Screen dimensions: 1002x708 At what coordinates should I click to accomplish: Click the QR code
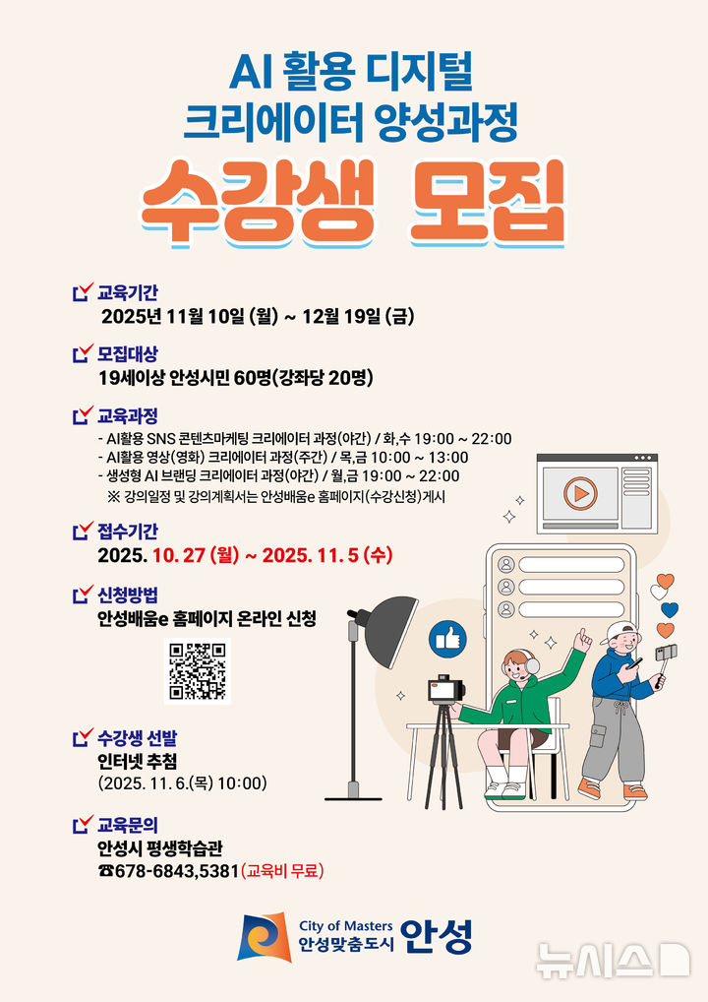click(x=197, y=670)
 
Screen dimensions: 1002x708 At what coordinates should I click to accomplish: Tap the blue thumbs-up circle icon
click(x=447, y=641)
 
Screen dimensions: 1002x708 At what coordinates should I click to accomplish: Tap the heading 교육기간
click(x=127, y=292)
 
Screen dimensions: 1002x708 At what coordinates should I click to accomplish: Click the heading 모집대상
click(x=127, y=353)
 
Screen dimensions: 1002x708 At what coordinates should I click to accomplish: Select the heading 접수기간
click(x=127, y=532)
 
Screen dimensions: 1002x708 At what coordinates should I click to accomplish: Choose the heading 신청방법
click(x=127, y=594)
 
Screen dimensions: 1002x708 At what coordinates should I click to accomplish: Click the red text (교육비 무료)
click(x=282, y=871)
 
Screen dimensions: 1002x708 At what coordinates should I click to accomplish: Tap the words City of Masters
click(x=345, y=925)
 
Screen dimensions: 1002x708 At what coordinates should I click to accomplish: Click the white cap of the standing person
click(x=617, y=631)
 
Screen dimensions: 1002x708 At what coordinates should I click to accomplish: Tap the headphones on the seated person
click(x=531, y=664)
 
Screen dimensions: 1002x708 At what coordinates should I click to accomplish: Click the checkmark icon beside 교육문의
click(x=83, y=824)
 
